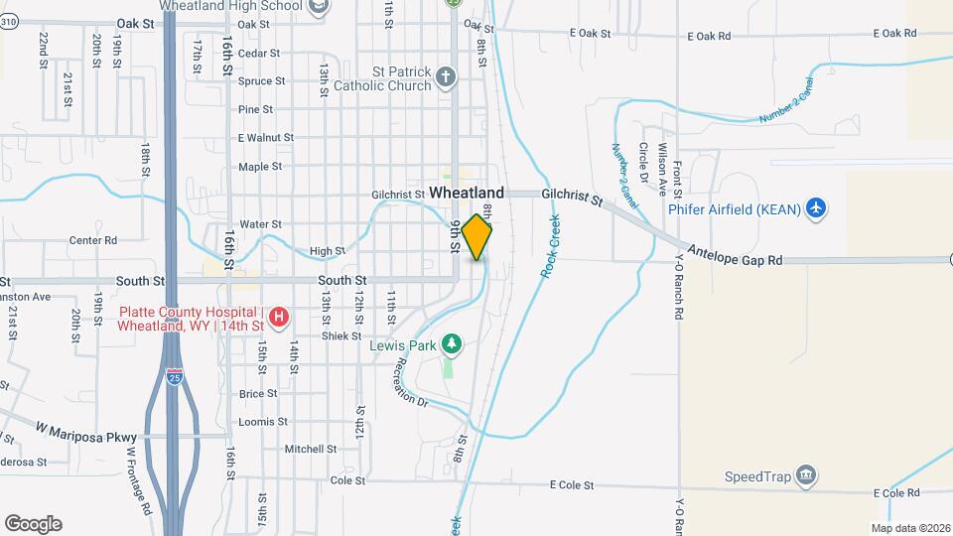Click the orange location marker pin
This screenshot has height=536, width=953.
[x=476, y=237]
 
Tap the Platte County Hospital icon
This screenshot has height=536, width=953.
[x=280, y=317]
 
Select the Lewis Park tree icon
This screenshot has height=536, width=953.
[x=452, y=343]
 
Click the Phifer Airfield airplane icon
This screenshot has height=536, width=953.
[x=816, y=207]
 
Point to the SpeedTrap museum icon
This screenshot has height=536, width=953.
[x=808, y=475]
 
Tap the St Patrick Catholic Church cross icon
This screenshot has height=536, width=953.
[x=447, y=77]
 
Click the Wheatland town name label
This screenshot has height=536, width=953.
[x=467, y=193]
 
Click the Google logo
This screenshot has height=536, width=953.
[x=33, y=524]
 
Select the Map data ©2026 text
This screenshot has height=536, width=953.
[x=909, y=527]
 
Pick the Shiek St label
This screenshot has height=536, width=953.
[x=341, y=336]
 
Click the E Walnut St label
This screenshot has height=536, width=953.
[x=266, y=138]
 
